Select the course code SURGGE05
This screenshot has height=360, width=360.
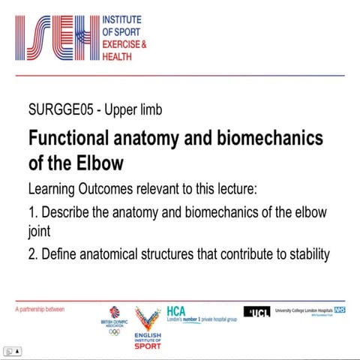click(x=61, y=110)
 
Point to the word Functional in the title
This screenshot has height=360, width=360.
click(x=67, y=139)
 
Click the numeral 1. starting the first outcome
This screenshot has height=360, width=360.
click(x=32, y=212)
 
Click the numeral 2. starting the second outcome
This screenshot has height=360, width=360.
click(x=32, y=254)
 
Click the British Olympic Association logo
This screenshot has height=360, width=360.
click(x=114, y=319)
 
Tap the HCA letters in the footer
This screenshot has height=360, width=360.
click(x=175, y=308)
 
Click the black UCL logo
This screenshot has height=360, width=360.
click(x=257, y=311)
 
